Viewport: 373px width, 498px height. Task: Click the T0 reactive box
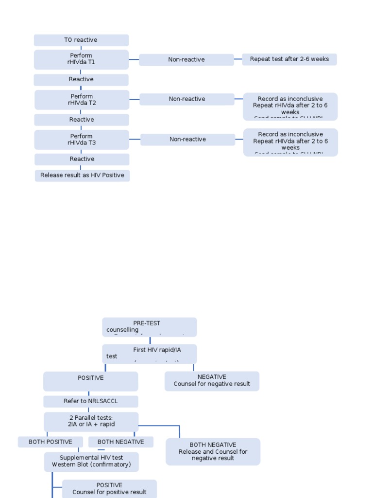pyautogui.click(x=81, y=40)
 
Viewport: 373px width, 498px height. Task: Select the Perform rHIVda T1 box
pyautogui.click(x=81, y=59)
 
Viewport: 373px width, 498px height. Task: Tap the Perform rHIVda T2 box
pyautogui.click(x=82, y=100)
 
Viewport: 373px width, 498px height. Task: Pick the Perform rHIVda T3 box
pyautogui.click(x=82, y=140)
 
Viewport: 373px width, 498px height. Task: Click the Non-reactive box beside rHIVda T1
pyautogui.click(x=186, y=60)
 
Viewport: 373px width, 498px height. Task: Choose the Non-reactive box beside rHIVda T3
pyautogui.click(x=187, y=140)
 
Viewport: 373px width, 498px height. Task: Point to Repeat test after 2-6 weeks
pyautogui.click(x=289, y=59)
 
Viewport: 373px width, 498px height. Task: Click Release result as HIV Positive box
pyautogui.click(x=82, y=176)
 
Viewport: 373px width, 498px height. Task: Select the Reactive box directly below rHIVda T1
pyautogui.click(x=81, y=80)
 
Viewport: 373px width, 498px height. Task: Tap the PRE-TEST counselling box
pyautogui.click(x=149, y=327)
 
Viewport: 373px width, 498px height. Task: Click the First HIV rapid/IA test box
pyautogui.click(x=149, y=354)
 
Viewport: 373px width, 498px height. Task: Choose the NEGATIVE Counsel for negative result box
pyautogui.click(x=212, y=381)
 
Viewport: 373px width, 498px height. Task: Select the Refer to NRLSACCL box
pyautogui.click(x=90, y=401)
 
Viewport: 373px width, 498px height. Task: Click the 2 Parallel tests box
pyautogui.click(x=91, y=421)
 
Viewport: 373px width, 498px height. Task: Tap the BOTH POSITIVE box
pyautogui.click(x=50, y=442)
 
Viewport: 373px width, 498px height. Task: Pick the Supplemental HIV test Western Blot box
pyautogui.click(x=91, y=462)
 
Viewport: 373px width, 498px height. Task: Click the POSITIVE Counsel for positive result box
pyautogui.click(x=109, y=489)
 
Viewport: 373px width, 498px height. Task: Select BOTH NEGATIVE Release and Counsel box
pyautogui.click(x=213, y=451)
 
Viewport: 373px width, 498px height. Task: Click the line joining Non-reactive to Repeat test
pyautogui.click(x=238, y=59)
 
